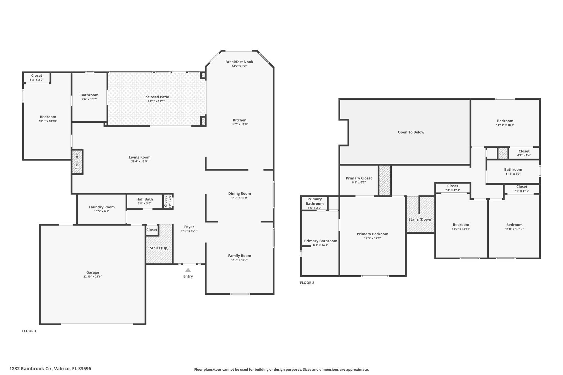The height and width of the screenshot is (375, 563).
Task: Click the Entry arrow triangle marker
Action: (188, 270)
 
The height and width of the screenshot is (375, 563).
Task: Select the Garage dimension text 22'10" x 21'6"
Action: (93, 277)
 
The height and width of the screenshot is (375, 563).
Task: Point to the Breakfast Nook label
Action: (239, 62)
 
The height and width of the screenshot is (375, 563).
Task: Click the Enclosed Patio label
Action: (156, 97)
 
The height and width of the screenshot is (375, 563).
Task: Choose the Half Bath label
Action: (145, 199)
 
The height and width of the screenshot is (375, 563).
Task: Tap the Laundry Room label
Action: (102, 207)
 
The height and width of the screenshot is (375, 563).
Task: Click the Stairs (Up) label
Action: (159, 248)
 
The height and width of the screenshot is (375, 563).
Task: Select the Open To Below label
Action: (411, 132)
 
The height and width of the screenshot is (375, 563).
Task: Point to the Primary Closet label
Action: (359, 178)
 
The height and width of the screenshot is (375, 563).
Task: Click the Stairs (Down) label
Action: (420, 220)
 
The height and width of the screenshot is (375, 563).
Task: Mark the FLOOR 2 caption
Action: (307, 283)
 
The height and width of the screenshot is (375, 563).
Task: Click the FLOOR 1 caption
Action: (29, 331)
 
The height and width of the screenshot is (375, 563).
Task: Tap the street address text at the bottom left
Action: (50, 369)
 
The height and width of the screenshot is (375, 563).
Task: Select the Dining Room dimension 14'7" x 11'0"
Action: (239, 198)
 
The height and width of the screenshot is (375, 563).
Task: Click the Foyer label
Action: (189, 227)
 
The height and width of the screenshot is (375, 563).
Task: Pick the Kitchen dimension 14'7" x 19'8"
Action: (239, 124)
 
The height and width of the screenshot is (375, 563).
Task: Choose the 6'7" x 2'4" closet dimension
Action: (524, 155)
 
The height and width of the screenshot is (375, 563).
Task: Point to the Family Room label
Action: (239, 256)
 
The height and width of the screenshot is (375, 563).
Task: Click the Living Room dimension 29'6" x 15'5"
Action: (140, 162)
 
